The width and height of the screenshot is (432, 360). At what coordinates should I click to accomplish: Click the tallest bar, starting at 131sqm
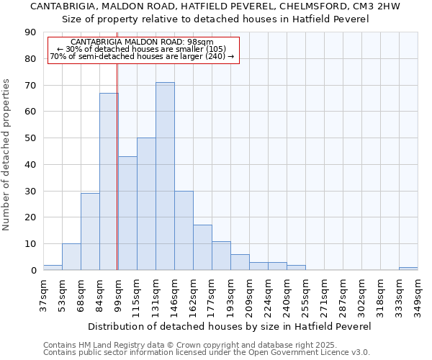[165, 176]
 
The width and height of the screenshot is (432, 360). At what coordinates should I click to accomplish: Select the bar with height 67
[109, 181]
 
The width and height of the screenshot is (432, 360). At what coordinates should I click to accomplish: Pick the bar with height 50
[146, 204]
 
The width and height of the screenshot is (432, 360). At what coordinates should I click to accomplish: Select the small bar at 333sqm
[408, 269]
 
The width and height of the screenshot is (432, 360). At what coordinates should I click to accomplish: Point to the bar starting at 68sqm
[90, 232]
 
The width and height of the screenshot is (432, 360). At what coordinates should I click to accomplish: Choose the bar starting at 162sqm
[202, 248]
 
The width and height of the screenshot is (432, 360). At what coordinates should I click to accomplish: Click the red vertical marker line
[117, 166]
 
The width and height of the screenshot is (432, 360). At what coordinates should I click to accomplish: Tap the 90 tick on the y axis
[30, 32]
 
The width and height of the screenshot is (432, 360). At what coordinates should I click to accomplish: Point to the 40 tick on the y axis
[30, 165]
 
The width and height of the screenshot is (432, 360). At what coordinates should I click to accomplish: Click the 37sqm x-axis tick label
[43, 294]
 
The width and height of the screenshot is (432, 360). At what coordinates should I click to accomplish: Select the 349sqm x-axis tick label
[418, 294]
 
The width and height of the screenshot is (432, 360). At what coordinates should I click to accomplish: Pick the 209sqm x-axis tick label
[249, 294]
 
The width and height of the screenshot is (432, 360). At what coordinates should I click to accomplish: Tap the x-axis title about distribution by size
[230, 326]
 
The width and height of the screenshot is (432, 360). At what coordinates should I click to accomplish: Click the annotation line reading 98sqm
[143, 42]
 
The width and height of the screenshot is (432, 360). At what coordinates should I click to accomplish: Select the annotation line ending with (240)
[143, 56]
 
